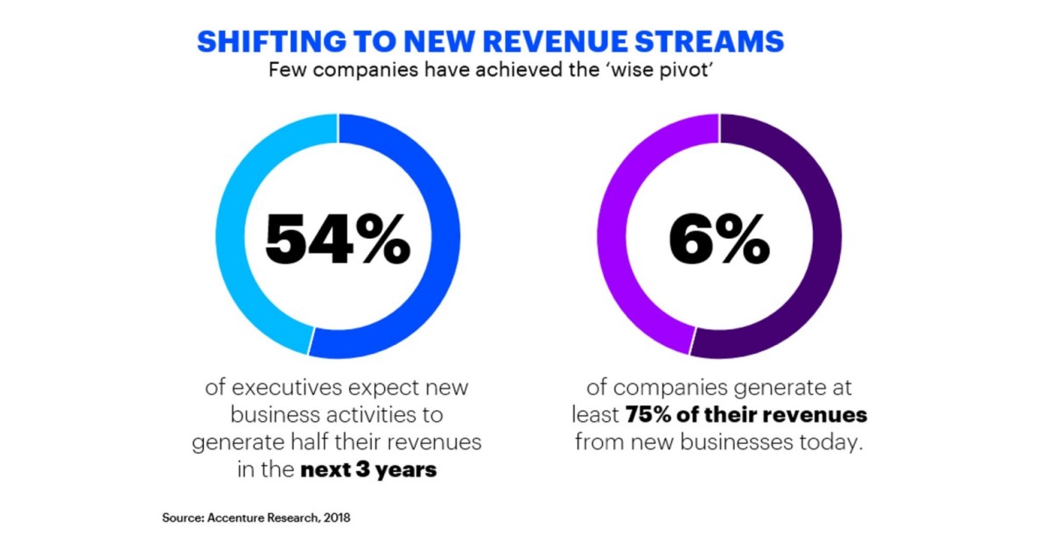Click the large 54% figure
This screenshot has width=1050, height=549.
tap(337, 239)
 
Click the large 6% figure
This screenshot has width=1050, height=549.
tap(719, 239)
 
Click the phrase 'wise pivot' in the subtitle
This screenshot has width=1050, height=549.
tap(674, 71)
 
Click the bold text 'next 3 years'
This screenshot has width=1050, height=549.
tap(368, 470)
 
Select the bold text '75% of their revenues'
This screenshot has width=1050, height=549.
tap(745, 414)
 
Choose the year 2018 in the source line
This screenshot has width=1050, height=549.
tap(337, 518)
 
